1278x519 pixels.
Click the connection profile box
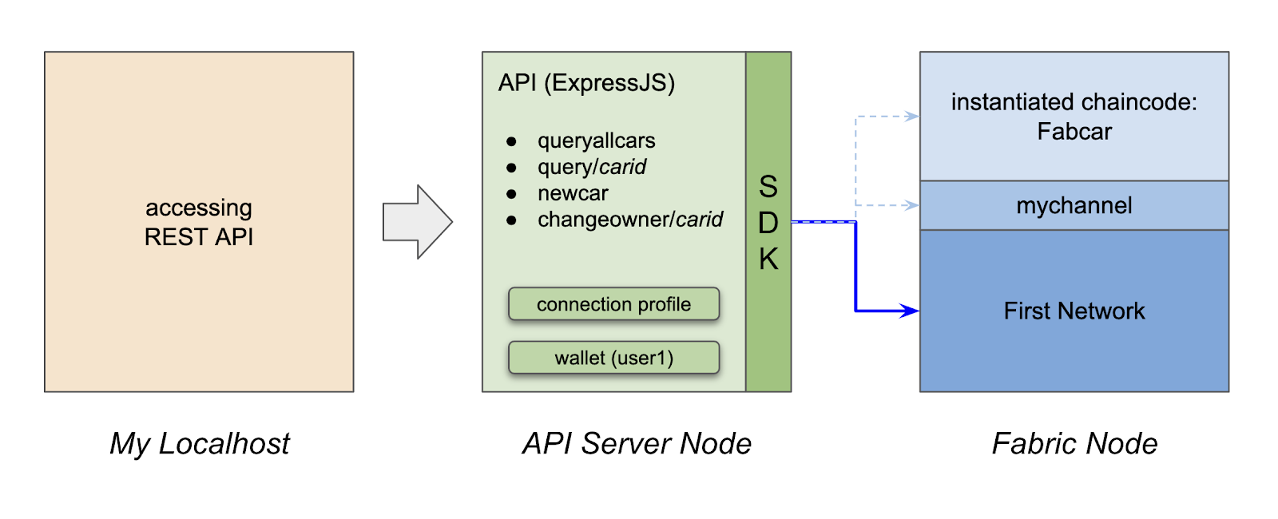[614, 304]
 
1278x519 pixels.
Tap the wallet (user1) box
[614, 358]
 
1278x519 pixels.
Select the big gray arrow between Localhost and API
[418, 222]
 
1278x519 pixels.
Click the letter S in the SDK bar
[768, 187]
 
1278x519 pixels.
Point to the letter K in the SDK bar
[768, 259]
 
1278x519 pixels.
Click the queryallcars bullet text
[596, 141]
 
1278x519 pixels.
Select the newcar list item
[573, 193]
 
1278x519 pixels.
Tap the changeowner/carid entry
[630, 219]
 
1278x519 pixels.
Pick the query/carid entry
[592, 167]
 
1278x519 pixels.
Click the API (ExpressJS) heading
[586, 83]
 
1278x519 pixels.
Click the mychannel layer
[1074, 206]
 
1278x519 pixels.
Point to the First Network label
[1074, 311]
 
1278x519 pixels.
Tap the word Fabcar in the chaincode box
[1074, 132]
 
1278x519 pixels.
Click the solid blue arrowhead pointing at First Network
[910, 311]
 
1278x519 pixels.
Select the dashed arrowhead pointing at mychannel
[911, 205]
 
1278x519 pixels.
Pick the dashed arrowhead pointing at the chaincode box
[911, 117]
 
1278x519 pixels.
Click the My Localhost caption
[200, 444]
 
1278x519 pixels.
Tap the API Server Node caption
[637, 444]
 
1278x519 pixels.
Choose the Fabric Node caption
[1075, 444]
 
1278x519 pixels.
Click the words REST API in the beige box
[199, 237]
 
